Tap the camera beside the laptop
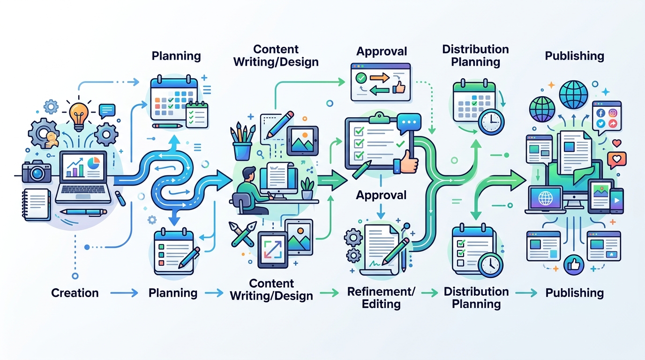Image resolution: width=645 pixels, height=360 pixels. tap(37, 172)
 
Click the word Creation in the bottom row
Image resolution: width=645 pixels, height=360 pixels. tap(75, 293)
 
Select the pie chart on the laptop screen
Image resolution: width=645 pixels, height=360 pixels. tap(94, 163)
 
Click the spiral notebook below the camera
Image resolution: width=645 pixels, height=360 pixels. tap(37, 204)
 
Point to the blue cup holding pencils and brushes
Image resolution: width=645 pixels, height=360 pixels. tap(242, 151)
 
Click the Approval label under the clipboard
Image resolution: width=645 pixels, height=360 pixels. tap(381, 195)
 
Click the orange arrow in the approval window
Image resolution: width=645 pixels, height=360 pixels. tap(380, 77)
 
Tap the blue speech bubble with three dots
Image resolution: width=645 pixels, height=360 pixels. tap(409, 123)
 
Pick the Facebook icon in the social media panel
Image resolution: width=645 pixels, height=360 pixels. tap(600, 112)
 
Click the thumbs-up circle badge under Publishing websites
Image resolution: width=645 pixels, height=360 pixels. tap(574, 264)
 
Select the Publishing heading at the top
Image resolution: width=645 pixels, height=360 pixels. tap(575, 56)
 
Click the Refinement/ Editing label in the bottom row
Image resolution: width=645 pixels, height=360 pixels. tap(381, 298)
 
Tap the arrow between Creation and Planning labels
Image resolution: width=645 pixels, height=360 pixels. tap(124, 293)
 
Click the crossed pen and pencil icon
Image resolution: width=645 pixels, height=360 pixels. tap(242, 234)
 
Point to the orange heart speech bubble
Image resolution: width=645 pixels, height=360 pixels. tap(617, 159)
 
